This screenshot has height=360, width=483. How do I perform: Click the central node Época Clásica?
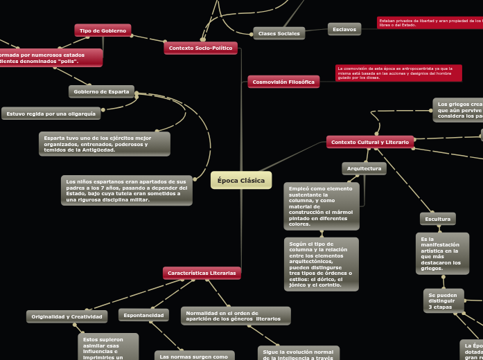tap(241, 181)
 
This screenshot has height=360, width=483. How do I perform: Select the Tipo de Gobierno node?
tap(103, 30)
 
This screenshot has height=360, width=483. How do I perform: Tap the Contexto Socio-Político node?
tap(201, 48)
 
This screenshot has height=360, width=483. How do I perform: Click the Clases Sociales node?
tap(279, 33)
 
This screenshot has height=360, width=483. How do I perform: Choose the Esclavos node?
tap(344, 29)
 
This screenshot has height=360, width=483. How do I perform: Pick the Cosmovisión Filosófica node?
tap(283, 82)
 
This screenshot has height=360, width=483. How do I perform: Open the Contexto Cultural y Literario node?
tap(370, 142)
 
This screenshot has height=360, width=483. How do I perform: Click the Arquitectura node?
tap(364, 168)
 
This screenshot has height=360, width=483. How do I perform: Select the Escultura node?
tap(437, 219)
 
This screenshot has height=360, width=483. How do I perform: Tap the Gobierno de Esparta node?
tap(101, 91)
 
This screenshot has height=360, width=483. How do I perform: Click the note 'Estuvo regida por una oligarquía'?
tap(51, 114)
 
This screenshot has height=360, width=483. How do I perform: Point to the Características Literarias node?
tap(202, 273)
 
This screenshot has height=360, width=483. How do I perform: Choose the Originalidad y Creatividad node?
tap(67, 316)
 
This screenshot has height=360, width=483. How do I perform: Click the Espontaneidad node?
tap(143, 315)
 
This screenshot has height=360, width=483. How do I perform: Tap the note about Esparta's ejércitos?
tap(103, 144)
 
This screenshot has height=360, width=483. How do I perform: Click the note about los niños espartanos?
tap(126, 190)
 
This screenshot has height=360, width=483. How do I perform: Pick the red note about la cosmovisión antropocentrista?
tap(398, 73)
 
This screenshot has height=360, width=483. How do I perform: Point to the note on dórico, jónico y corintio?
tap(321, 264)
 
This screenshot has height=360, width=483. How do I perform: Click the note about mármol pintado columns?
tap(321, 206)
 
